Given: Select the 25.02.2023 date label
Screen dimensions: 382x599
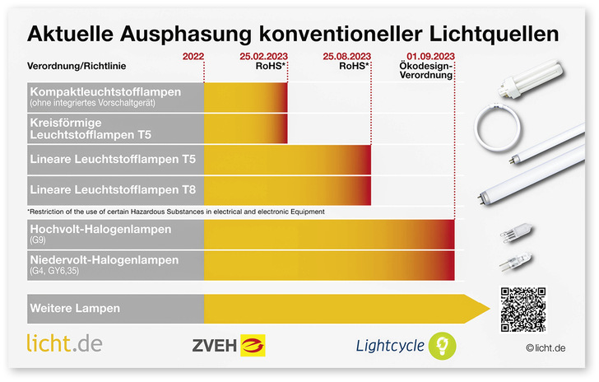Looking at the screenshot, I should [262, 56].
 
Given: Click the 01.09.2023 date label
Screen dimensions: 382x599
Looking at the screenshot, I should [431, 56].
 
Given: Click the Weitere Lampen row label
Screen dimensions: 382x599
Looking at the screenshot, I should [75, 309].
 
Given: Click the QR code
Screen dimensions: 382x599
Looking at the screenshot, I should [522, 309].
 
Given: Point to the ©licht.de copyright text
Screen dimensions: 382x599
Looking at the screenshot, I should [546, 348].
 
